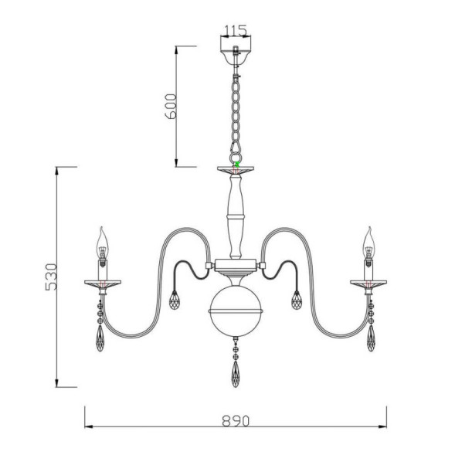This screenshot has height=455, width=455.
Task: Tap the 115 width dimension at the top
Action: click(x=235, y=31)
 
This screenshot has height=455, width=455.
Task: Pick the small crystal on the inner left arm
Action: click(x=174, y=298)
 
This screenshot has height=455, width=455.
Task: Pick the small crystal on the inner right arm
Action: click(x=297, y=298)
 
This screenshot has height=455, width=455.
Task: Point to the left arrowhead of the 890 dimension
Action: click(x=87, y=426)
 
